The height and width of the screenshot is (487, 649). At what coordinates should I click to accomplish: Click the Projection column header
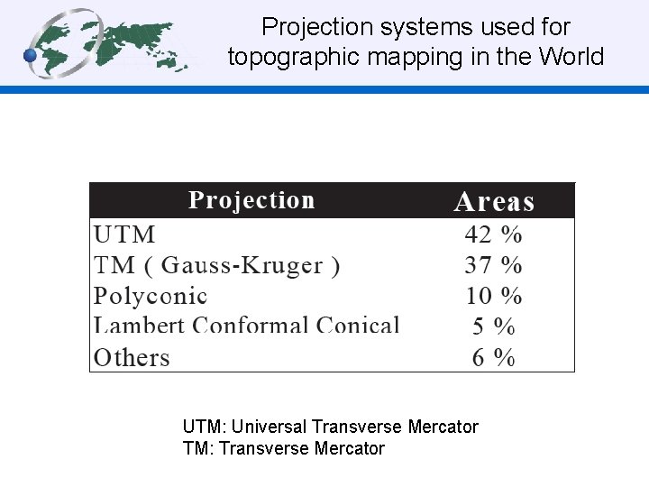click(x=251, y=200)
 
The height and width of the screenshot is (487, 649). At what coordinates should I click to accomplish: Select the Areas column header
click(x=494, y=202)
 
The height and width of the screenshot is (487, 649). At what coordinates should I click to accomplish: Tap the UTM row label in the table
click(x=124, y=234)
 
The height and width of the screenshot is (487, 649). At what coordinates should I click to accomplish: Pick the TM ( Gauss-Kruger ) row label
click(x=216, y=265)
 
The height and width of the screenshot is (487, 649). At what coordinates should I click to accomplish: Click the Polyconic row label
click(x=151, y=296)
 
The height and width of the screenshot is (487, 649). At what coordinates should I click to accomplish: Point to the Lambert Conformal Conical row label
click(x=246, y=326)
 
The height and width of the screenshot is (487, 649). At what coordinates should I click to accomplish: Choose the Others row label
click(x=132, y=357)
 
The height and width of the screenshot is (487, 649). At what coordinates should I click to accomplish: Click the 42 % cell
click(x=493, y=234)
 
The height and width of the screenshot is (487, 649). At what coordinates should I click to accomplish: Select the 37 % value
click(x=493, y=265)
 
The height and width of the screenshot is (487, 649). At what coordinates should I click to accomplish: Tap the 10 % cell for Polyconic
click(x=493, y=296)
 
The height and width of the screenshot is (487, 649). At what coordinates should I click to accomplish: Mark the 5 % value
click(x=493, y=326)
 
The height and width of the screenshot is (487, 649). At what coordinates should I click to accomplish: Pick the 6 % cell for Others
click(x=493, y=357)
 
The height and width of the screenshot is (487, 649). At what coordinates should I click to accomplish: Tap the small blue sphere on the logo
click(x=30, y=56)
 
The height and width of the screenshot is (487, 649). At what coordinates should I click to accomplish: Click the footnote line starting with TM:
click(x=283, y=448)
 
